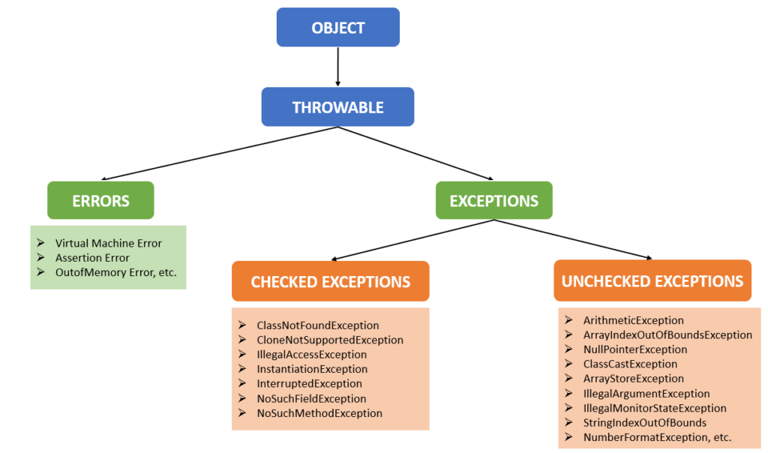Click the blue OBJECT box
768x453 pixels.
(337, 28)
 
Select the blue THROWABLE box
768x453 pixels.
(337, 107)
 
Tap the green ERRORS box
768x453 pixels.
(100, 201)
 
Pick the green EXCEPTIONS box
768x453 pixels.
(493, 201)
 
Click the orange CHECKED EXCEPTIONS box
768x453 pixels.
(330, 282)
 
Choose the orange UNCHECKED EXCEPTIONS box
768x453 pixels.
(652, 281)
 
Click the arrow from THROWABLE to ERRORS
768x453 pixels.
(202, 154)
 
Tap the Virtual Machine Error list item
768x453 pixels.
(108, 244)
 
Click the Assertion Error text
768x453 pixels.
(92, 258)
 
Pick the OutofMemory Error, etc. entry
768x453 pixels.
(115, 272)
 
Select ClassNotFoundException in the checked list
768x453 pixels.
(317, 325)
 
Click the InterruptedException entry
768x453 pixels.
(309, 384)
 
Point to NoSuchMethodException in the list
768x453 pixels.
(319, 413)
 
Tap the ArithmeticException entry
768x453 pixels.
(633, 320)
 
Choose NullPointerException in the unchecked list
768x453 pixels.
(634, 349)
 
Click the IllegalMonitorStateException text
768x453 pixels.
(654, 409)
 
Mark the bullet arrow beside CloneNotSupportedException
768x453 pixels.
(242, 340)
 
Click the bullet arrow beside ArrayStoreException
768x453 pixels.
(568, 379)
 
